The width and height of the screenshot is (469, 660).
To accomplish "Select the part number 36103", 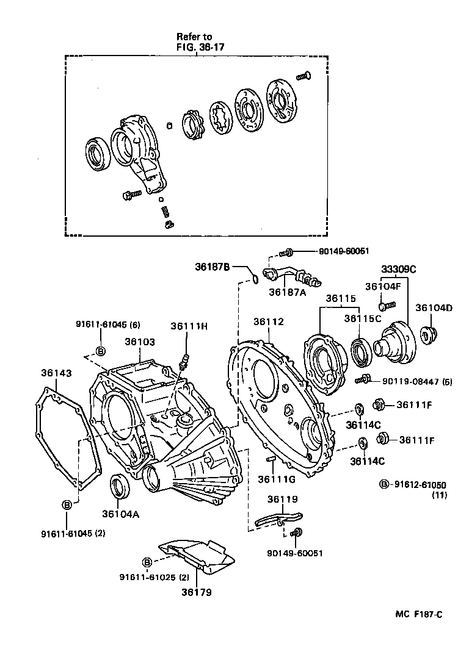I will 140,342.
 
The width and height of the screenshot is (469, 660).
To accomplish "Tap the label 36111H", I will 189,326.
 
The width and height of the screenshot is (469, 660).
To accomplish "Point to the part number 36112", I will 270,321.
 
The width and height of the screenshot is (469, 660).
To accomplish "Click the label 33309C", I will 399,269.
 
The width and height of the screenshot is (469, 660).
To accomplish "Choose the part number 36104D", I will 434,307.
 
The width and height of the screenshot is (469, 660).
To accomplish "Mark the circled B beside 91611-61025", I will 147,562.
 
